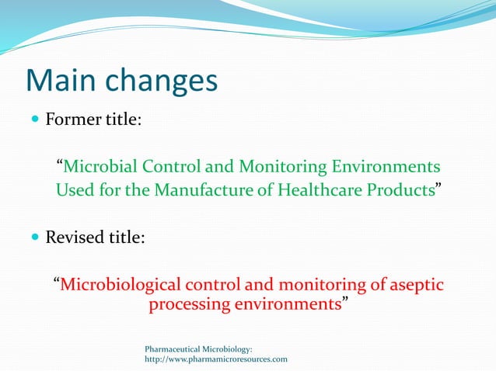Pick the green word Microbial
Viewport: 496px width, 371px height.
click(x=96, y=167)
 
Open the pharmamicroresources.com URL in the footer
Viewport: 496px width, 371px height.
click(x=216, y=359)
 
